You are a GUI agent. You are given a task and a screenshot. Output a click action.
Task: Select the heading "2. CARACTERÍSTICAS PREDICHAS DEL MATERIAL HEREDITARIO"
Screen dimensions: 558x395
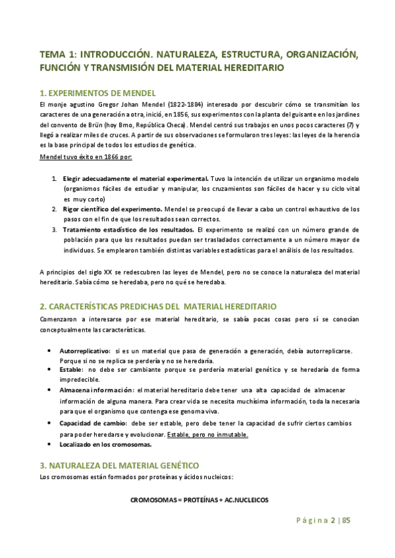pyautogui.click(x=159, y=307)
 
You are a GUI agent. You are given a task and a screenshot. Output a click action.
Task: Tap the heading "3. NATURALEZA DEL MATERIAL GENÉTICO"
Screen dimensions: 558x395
pyautogui.click(x=124, y=465)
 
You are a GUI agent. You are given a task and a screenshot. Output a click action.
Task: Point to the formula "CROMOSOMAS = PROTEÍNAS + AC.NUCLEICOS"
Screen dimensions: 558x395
pyautogui.click(x=199, y=501)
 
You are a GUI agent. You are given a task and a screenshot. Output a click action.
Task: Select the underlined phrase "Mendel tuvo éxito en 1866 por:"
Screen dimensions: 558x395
pyautogui.click(x=86, y=157)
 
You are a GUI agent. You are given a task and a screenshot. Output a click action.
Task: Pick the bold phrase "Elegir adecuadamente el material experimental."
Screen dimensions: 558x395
pyautogui.click(x=136, y=178)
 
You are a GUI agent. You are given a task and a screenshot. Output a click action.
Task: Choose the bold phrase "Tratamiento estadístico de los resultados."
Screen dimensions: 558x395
pyautogui.click(x=128, y=229)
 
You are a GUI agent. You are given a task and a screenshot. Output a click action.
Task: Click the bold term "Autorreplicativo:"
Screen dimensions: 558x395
pyautogui.click(x=84, y=351)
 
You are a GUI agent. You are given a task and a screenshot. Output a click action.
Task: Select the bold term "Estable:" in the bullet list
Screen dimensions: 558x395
pyautogui.click(x=72, y=370)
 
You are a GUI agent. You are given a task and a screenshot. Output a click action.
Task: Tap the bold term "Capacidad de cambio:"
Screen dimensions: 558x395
pyautogui.click(x=92, y=422)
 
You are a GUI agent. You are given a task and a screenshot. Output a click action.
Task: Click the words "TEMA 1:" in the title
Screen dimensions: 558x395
pyautogui.click(x=59, y=55)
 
